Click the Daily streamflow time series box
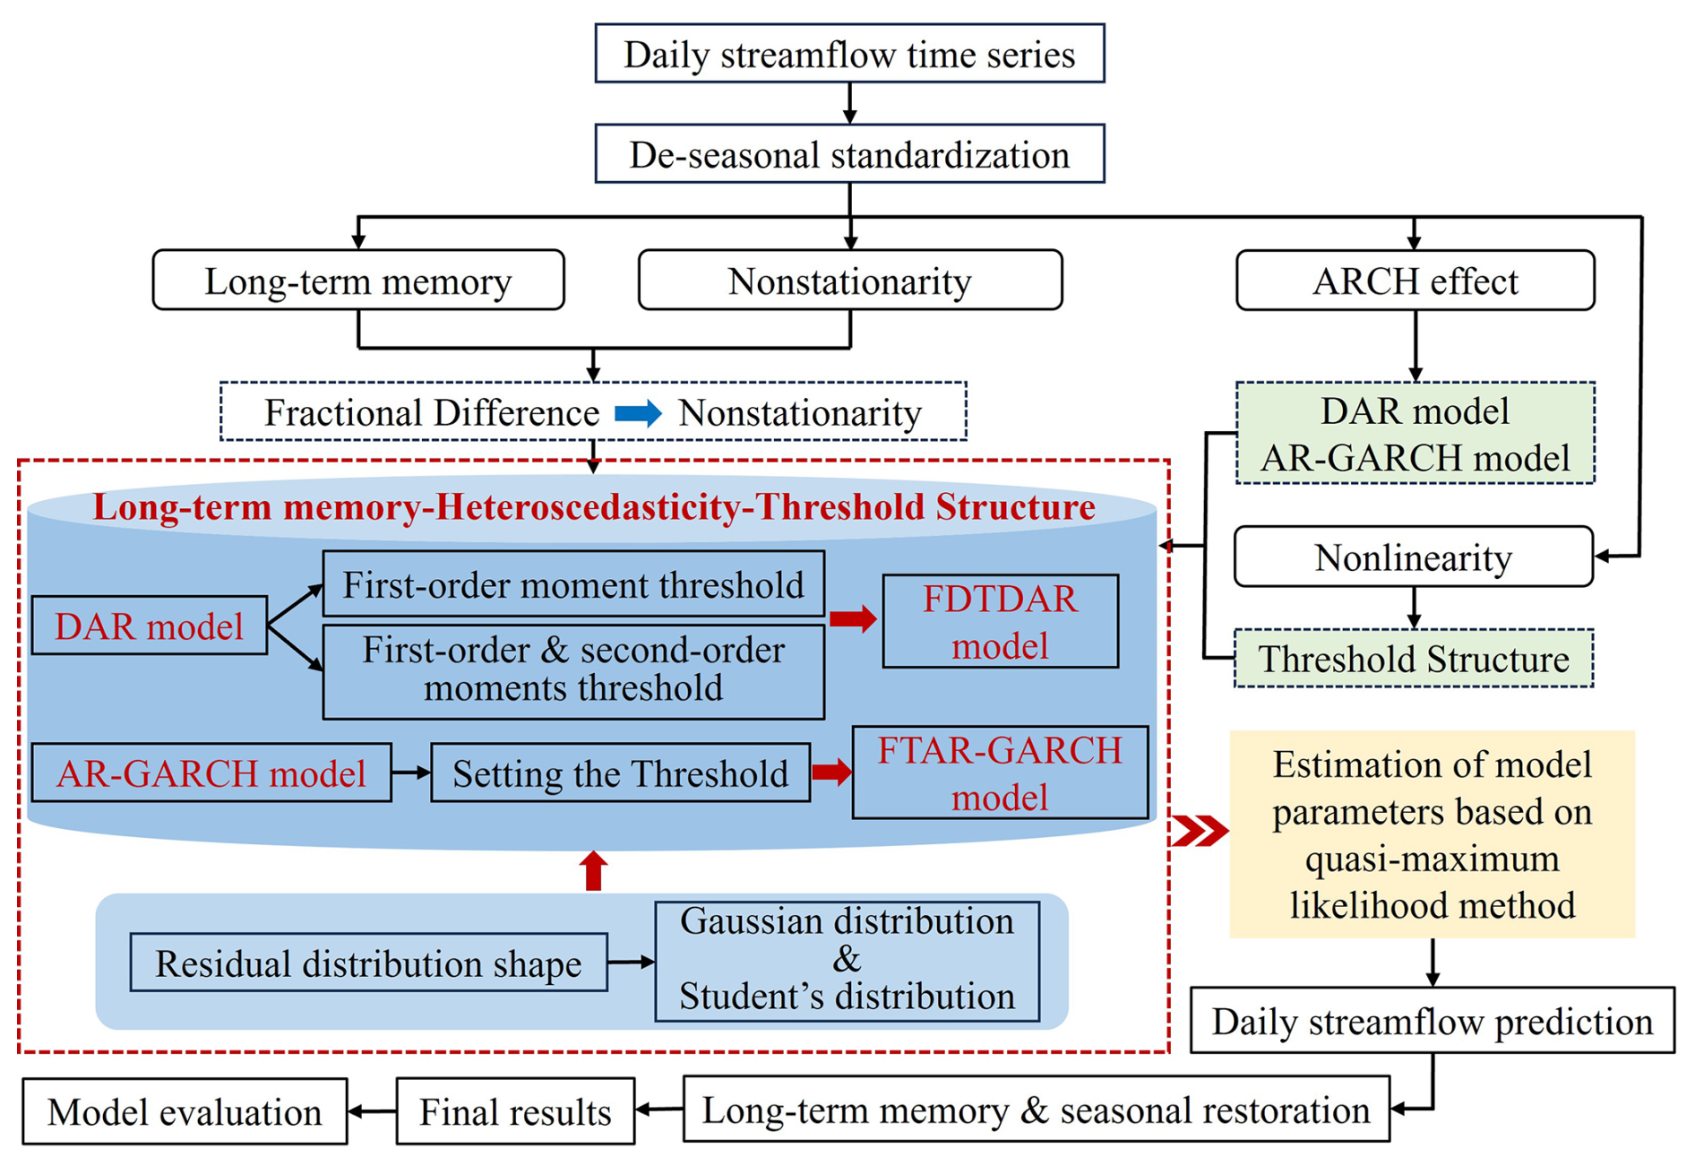(x=849, y=54)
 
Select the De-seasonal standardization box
(x=849, y=154)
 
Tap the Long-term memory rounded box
(x=358, y=281)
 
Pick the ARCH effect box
(x=1415, y=281)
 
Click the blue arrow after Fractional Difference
(x=638, y=413)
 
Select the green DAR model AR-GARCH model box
(x=1415, y=434)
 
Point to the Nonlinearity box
(x=1413, y=557)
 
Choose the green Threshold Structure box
(x=1413, y=659)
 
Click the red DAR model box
(x=149, y=626)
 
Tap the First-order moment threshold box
(x=573, y=584)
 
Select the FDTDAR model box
(x=1000, y=622)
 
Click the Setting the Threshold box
(x=620, y=773)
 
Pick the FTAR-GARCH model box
(x=1000, y=773)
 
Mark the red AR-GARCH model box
(x=211, y=773)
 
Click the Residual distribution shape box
(x=368, y=963)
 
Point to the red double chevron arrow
(x=1200, y=831)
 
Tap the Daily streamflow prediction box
(x=1432, y=1021)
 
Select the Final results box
(x=515, y=1111)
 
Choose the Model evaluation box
(x=185, y=1111)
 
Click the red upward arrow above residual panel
(x=593, y=870)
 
